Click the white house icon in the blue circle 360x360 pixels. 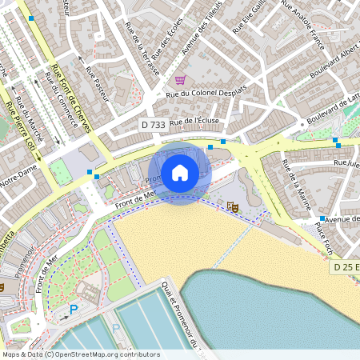point(180,172)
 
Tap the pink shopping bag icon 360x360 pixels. point(180,79)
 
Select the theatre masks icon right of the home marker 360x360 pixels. point(234,207)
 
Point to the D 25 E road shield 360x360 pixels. point(346,266)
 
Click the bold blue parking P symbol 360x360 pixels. point(74,310)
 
